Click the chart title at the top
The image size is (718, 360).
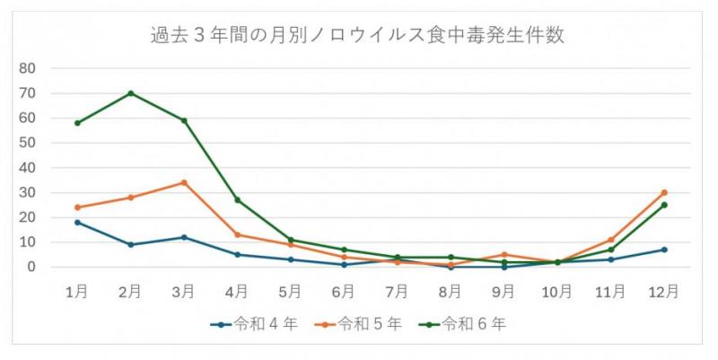(358, 36)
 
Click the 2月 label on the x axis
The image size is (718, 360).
(130, 291)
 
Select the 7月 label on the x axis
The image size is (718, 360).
(397, 291)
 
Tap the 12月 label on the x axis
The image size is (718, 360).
(664, 291)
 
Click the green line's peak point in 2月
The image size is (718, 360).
(130, 93)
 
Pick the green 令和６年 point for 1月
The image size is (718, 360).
(77, 123)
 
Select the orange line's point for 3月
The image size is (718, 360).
(184, 182)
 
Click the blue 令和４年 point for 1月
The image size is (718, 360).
(77, 222)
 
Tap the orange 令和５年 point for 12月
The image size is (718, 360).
(664, 192)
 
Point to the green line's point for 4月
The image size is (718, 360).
(237, 200)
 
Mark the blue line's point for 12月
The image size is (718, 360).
(664, 250)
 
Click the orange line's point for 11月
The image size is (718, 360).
(610, 240)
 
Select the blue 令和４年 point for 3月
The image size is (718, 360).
(184, 237)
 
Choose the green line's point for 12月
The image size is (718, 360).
(664, 205)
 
